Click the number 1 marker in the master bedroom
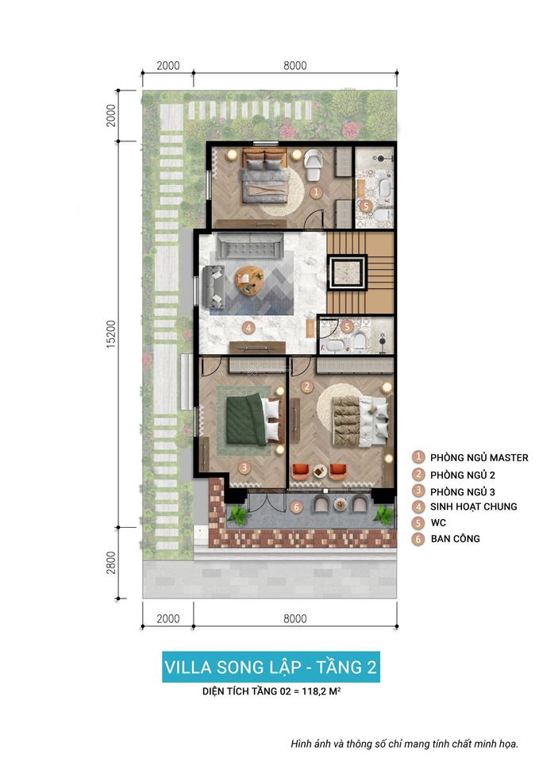point(315,192)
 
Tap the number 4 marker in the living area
point(248,327)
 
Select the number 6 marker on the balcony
point(296,506)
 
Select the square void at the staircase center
point(348,272)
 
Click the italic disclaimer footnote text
point(404,744)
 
